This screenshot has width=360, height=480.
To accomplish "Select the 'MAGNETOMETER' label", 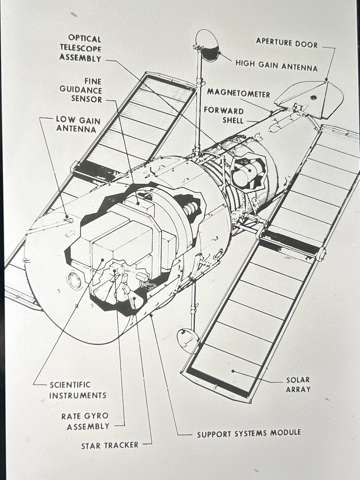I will coord(238,93).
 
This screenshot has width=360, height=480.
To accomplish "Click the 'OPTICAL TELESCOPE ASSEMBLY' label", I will coord(80,48).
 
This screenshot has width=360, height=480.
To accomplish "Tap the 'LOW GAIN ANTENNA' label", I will coord(76,124).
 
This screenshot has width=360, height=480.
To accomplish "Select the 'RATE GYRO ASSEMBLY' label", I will coord(85,421).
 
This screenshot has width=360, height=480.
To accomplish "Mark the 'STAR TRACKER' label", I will coord(109,445).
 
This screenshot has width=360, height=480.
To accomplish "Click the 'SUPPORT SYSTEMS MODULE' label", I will coord(249,433).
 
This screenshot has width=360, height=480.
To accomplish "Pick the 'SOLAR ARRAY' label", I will coord(298,384).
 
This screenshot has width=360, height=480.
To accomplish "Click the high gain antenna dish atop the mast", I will coord(208,45).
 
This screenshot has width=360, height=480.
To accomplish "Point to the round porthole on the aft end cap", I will coord(74,280).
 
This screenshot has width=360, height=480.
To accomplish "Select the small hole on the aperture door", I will coord(313,97).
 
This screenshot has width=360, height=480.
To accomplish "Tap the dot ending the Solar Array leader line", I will coord(232,371).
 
